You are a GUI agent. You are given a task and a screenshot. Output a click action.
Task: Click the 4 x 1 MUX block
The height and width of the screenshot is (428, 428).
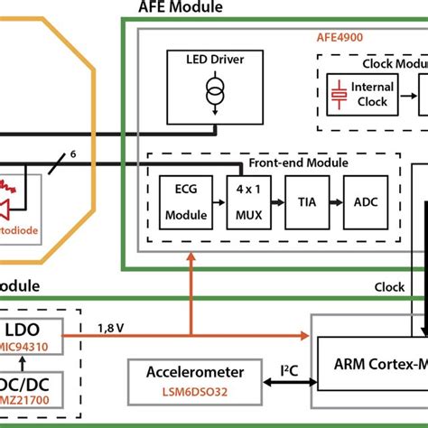[x=244, y=201]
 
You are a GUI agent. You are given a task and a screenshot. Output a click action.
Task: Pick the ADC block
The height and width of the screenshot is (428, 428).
[x=366, y=201]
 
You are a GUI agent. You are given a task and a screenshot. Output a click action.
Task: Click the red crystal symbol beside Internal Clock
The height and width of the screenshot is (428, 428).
[x=338, y=94]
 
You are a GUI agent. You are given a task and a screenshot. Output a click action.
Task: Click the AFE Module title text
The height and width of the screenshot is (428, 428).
[x=180, y=8]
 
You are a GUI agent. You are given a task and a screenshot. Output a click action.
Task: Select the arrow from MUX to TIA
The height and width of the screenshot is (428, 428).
[x=274, y=202]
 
